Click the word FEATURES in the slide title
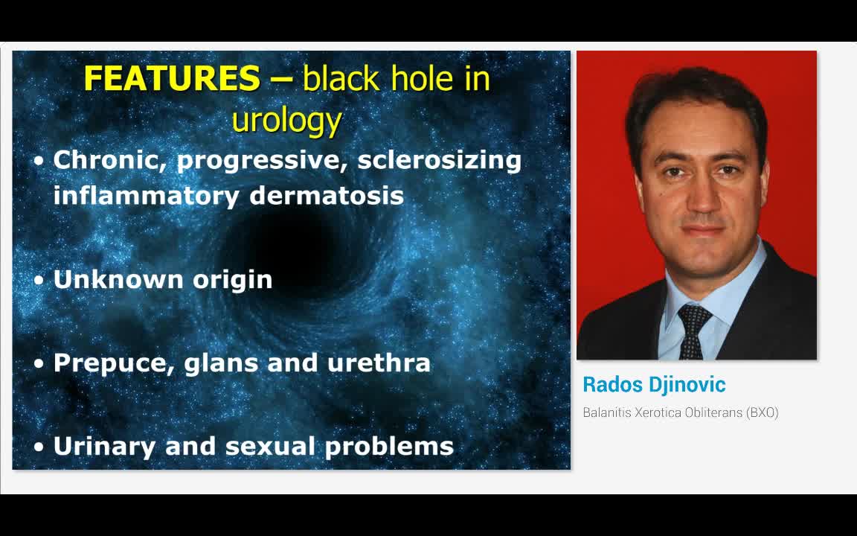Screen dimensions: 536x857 172,79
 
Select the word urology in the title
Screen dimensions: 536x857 286,119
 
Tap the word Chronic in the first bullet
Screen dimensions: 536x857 110,160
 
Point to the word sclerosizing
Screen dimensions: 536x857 439,161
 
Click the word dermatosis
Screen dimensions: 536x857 327,196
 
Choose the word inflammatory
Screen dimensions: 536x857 146,196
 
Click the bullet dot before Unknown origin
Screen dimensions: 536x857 39,281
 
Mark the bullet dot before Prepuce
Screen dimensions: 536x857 39,364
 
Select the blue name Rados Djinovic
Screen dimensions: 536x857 654,385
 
